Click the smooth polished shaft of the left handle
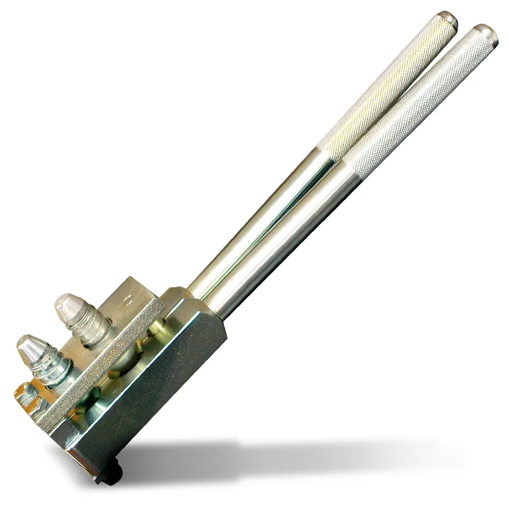point(265,224)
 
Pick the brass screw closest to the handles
point(153,331)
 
